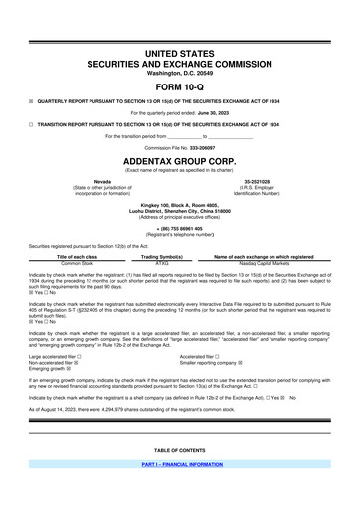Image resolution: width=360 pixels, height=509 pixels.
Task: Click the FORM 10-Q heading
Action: pyautogui.click(x=180, y=83)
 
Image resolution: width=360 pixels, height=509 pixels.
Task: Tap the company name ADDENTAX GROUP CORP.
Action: pyautogui.click(x=180, y=158)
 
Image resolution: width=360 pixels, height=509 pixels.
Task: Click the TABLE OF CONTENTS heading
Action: pyautogui.click(x=180, y=476)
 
